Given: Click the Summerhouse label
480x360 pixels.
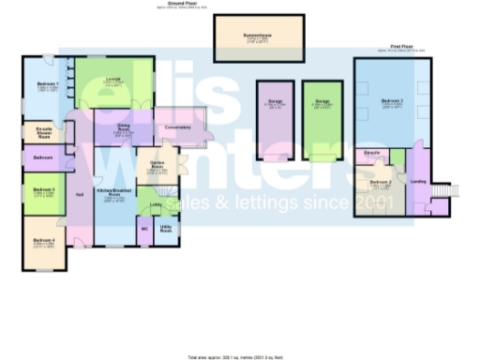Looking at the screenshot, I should coord(259,37).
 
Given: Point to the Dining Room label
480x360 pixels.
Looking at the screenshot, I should coord(123,128).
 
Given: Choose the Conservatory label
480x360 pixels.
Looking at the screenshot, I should coord(176,127).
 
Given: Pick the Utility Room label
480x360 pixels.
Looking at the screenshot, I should coord(166,228).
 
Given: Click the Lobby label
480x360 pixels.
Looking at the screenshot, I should coord(156,203).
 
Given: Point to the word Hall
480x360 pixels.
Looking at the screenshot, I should coord(80,194).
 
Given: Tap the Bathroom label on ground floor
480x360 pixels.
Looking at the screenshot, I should coord(43,158).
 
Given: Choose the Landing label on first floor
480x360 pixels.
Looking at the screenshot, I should coord(419,182).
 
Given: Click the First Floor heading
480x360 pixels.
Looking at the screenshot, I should coord(403,45).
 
